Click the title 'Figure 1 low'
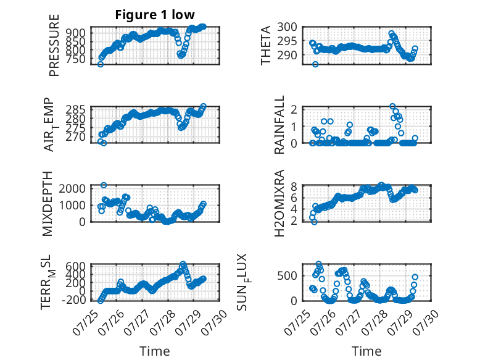155,15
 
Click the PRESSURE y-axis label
54,45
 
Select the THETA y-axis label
266,45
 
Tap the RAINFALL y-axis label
279,125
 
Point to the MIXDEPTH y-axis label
47,204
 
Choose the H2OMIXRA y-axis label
279,203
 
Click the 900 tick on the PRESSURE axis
77,33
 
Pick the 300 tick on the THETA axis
287,27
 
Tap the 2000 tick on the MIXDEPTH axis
73,188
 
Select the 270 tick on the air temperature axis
77,137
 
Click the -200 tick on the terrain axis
74,299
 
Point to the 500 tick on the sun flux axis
287,275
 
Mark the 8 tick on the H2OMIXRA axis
294,186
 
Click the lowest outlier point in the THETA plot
315,64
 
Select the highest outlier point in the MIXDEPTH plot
104,185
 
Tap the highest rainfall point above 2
393,106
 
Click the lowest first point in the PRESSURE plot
101,64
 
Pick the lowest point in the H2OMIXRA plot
314,222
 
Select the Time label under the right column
366,351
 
